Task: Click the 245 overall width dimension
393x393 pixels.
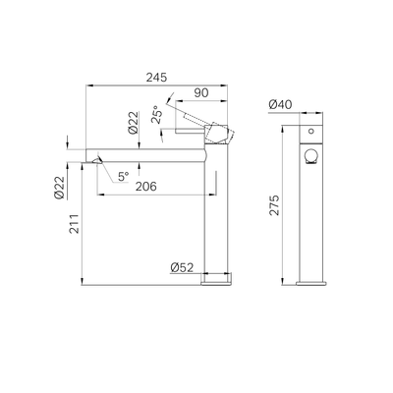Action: point(156,78)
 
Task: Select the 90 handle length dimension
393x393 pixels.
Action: point(201,93)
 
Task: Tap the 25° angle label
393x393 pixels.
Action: point(157,114)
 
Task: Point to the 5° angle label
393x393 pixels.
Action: point(124,177)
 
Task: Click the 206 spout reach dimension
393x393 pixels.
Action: point(146,187)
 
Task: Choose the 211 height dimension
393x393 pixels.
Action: point(76,224)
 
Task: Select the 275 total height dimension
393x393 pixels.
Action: point(274,205)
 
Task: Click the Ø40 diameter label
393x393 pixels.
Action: point(280,105)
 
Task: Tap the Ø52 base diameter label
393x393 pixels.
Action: point(182,267)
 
